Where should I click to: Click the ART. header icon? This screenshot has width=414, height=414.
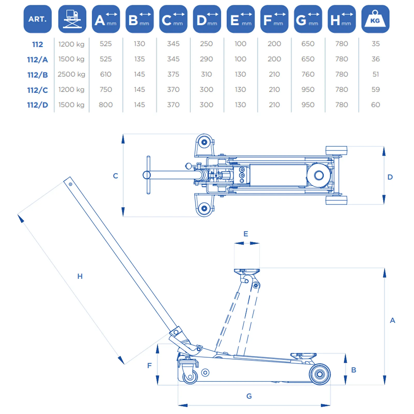(38, 19)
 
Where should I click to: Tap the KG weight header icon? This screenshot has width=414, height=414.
(375, 19)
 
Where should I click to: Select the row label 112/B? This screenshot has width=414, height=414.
(38, 75)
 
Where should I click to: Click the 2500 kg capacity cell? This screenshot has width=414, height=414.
(71, 74)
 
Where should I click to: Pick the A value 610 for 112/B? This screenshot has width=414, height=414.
(106, 74)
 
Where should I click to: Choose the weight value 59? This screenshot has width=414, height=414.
(375, 90)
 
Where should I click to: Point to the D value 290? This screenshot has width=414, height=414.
(206, 59)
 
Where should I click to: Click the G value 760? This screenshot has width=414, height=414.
(308, 74)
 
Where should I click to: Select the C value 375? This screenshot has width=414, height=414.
(173, 74)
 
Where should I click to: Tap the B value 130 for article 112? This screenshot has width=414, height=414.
(139, 44)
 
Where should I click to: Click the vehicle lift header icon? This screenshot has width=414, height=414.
(72, 19)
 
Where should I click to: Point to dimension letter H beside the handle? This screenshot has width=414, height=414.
(80, 276)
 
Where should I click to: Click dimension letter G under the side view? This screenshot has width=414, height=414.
(249, 396)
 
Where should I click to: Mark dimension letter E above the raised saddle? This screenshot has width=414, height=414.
(246, 234)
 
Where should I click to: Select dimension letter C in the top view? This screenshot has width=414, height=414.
(116, 176)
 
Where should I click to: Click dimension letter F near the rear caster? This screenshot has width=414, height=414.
(150, 366)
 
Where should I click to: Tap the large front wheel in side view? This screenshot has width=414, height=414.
(320, 374)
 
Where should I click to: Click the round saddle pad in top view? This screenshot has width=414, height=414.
(319, 175)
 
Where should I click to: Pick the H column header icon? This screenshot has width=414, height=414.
(342, 19)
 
